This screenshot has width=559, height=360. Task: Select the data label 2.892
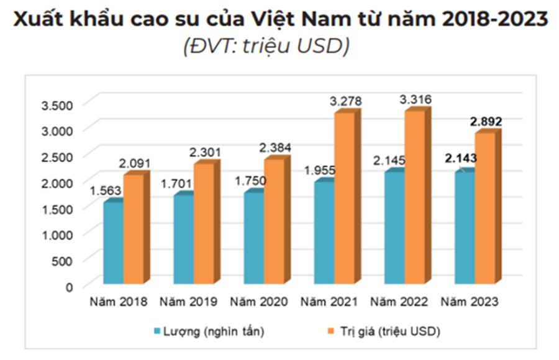point(486,122)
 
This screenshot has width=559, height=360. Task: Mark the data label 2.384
point(275,148)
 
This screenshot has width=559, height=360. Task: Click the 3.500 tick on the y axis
point(57,104)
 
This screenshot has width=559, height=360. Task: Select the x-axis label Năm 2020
point(258,303)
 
